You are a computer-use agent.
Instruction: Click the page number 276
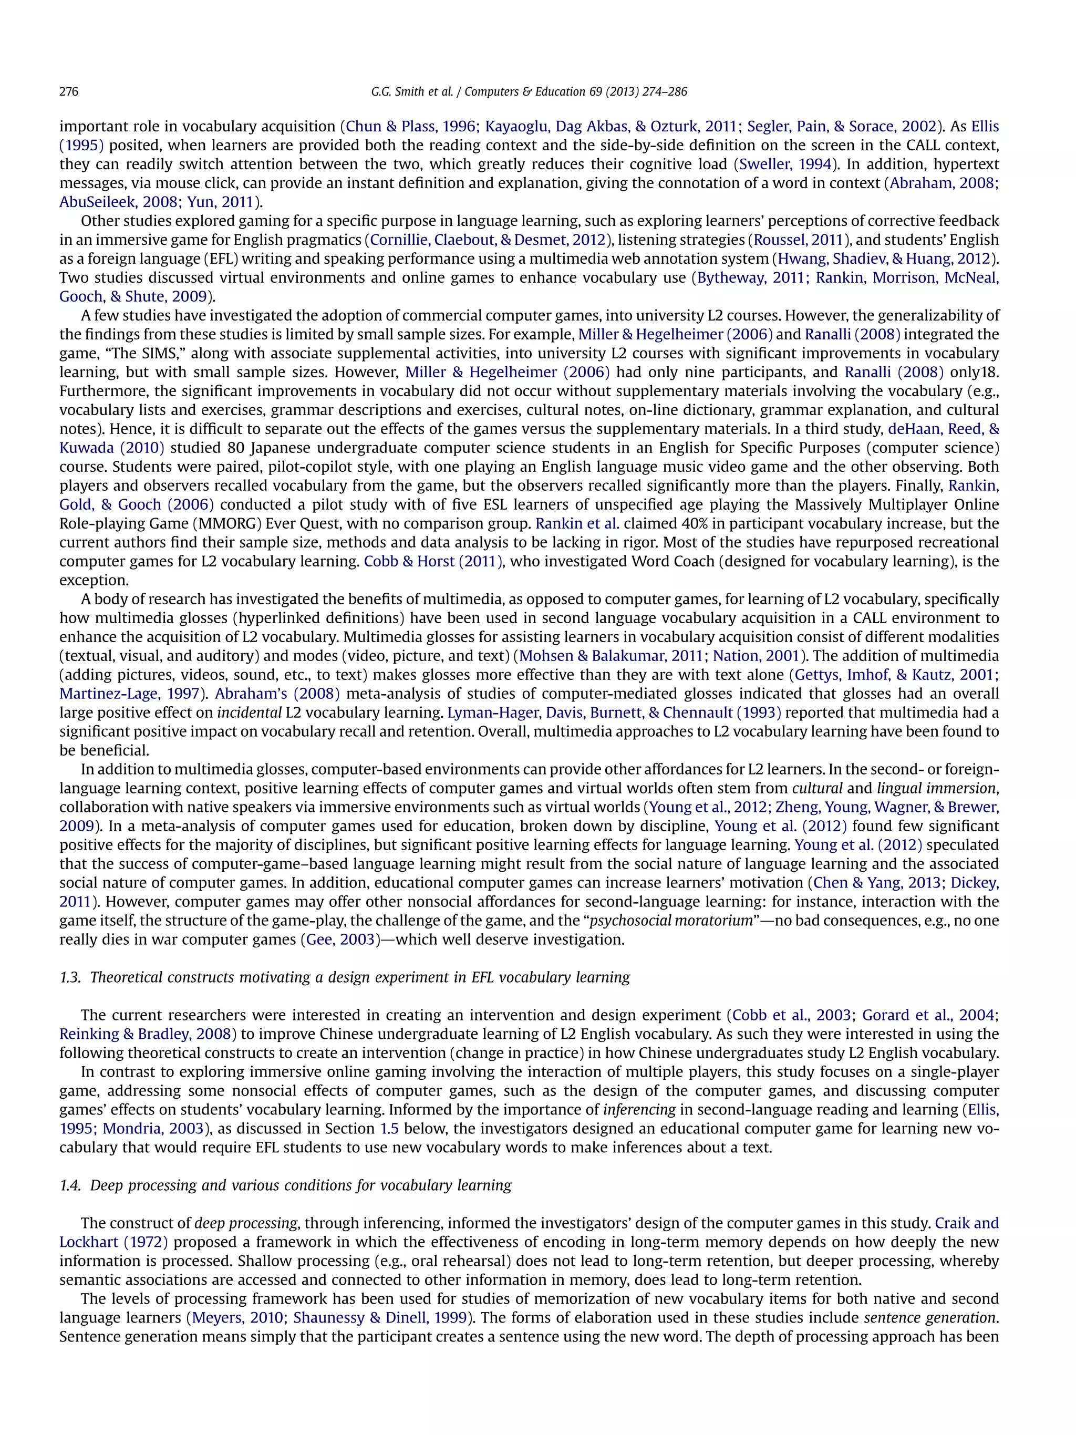pos(69,91)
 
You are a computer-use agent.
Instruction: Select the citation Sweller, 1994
pos(785,164)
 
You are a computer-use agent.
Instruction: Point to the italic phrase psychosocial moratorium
pos(670,921)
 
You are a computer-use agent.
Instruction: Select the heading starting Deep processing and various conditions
pos(301,1185)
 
